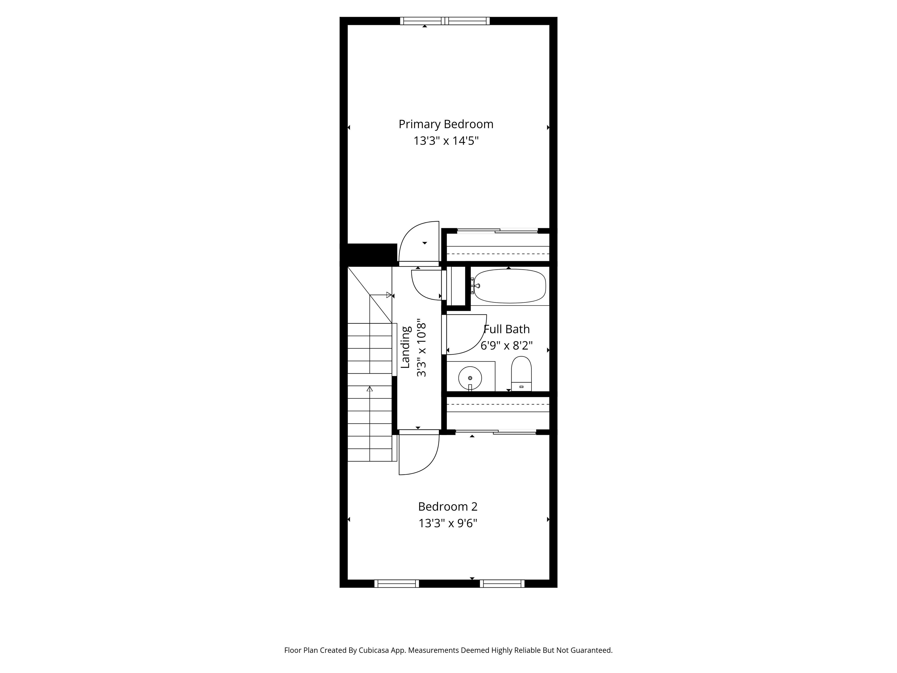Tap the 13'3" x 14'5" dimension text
(446, 141)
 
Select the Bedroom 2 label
(448, 507)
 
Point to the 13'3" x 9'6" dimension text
(448, 523)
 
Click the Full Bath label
(507, 329)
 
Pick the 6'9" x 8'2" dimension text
(507, 346)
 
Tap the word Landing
(406, 347)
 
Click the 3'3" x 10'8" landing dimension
(422, 347)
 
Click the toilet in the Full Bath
(521, 374)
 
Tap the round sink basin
(470, 378)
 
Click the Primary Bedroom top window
(445, 21)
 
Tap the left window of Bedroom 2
(397, 584)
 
